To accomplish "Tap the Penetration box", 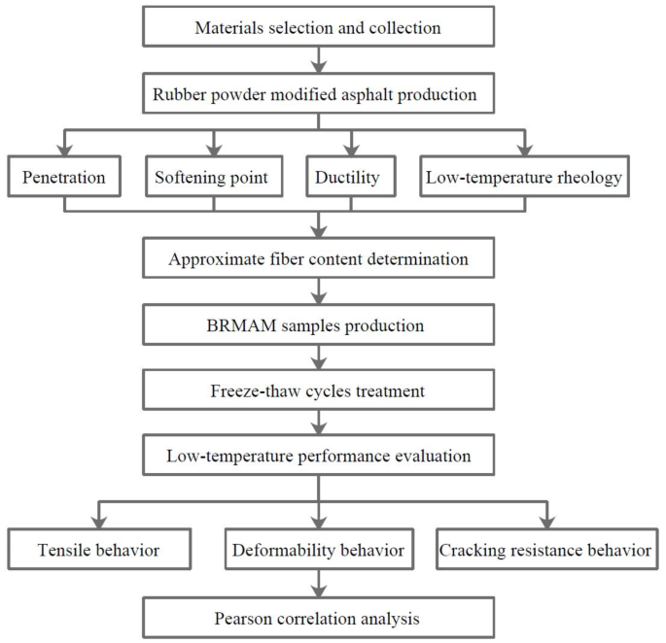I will tap(65, 178).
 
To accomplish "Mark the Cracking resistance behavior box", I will tap(545, 551).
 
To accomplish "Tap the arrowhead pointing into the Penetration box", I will tap(65, 151).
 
